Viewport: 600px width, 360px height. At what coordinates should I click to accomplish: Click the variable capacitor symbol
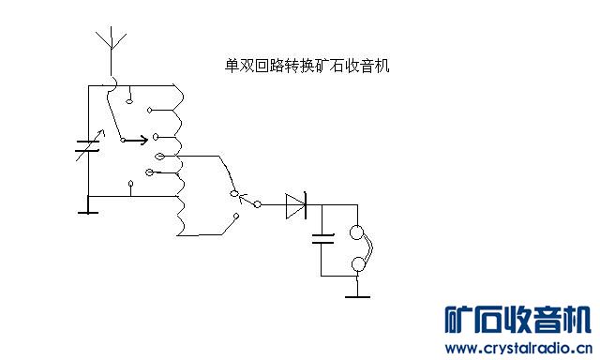86,148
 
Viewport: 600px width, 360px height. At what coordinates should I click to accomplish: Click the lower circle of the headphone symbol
357,266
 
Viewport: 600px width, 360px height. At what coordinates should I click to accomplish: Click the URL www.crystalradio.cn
517,348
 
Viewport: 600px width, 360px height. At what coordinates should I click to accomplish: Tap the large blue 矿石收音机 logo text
517,321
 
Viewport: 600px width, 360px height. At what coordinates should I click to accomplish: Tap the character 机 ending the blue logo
576,321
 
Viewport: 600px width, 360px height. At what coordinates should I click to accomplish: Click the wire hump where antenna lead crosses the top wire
112,85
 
